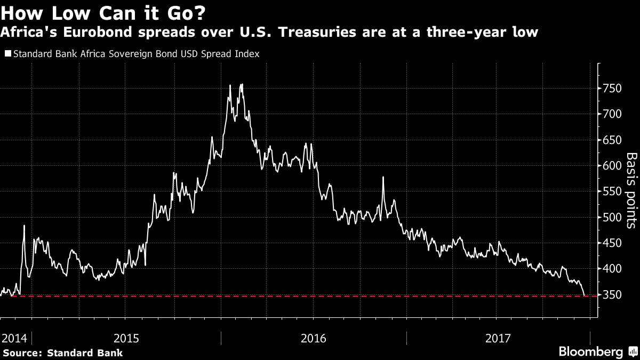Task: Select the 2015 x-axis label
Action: click(126, 338)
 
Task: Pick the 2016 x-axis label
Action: click(314, 338)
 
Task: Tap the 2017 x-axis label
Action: click(499, 338)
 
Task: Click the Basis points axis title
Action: click(631, 190)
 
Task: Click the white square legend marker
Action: click(7, 54)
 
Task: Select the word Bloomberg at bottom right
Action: click(590, 351)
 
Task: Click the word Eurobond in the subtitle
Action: click(76, 33)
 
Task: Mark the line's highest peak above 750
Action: click(242, 84)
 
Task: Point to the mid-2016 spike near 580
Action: click(383, 177)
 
